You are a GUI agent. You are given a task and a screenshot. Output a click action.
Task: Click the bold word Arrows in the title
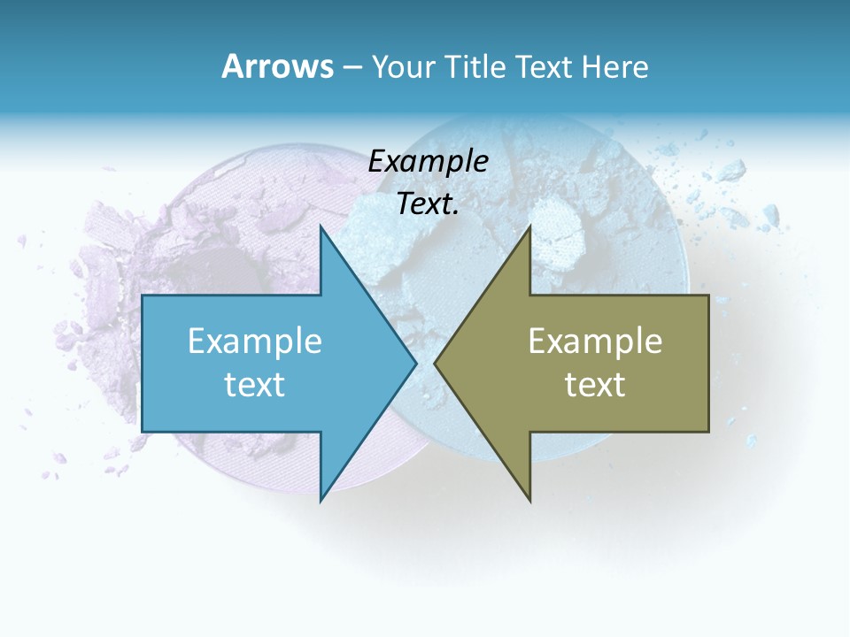277,66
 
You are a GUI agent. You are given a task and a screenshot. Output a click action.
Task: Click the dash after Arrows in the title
352,68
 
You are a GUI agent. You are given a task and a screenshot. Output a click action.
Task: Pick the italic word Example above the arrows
428,162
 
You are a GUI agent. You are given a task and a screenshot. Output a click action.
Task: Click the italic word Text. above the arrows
428,204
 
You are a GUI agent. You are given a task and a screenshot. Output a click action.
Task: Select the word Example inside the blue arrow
255,341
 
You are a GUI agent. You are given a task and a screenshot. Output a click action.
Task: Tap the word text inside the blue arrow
255,384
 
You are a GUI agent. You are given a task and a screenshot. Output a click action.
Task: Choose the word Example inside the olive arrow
595,341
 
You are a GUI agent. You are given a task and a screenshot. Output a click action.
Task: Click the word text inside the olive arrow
595,384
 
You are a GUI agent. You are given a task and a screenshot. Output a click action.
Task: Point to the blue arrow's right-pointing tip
414,363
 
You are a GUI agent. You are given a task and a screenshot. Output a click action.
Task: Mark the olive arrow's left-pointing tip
437,363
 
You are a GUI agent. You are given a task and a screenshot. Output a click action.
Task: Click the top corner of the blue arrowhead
321,228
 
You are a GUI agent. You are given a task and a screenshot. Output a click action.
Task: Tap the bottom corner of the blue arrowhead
321,499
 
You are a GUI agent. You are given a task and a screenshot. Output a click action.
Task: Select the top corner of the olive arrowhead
529,228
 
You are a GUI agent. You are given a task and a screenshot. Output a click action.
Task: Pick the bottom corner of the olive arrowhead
529,499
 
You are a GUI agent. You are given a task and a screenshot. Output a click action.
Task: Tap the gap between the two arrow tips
425,363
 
